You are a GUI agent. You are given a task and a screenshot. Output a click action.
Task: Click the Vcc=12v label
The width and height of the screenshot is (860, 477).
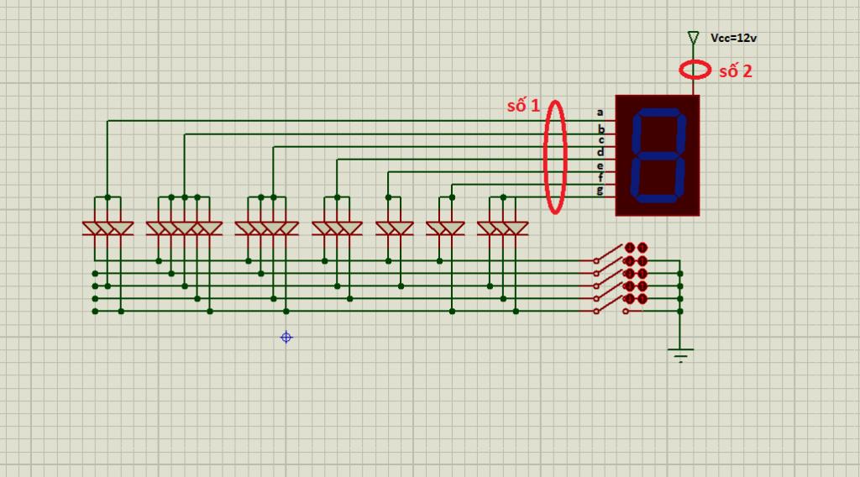click(733, 38)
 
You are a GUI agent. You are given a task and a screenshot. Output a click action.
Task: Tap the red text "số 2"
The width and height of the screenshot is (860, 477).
click(736, 71)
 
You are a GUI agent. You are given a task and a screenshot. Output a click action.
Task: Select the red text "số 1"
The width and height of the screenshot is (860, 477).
click(523, 105)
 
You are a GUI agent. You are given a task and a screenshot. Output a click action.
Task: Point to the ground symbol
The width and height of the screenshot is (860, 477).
click(680, 354)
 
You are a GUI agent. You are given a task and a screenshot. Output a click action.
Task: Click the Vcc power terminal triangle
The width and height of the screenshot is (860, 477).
click(693, 38)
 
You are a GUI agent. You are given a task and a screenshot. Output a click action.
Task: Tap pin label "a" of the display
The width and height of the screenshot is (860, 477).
click(600, 113)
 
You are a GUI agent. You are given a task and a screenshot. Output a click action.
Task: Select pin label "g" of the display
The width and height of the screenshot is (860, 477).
click(600, 191)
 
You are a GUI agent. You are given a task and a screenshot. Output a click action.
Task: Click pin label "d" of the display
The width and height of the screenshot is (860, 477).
click(600, 152)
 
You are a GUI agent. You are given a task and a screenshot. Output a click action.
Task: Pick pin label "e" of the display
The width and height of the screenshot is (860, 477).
click(600, 166)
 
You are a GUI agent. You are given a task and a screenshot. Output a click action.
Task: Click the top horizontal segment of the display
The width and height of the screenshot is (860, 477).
click(658, 113)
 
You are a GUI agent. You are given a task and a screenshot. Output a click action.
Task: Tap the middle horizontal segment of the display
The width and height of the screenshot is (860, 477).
click(658, 155)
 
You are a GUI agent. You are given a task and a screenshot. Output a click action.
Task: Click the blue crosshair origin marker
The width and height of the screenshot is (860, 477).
click(286, 338)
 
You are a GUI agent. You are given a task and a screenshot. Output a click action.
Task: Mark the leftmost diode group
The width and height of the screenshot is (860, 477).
click(107, 228)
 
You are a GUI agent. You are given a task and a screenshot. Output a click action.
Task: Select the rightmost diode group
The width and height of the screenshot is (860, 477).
click(503, 228)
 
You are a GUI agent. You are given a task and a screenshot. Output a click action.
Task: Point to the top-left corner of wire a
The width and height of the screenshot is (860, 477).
click(107, 121)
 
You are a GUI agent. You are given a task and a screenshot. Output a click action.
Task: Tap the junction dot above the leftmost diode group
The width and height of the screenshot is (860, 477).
click(107, 197)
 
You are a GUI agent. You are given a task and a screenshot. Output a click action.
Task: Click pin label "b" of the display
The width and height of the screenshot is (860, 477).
click(601, 129)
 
